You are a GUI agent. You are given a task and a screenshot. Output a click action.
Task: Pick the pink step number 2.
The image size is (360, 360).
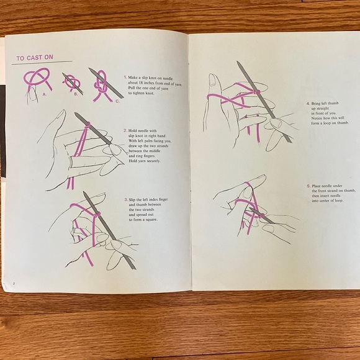pos(125,131)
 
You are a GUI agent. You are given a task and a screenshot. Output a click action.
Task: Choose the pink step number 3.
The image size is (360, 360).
pos(126,199)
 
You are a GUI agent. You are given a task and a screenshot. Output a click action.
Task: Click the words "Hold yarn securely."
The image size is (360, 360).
pos(145,161)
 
